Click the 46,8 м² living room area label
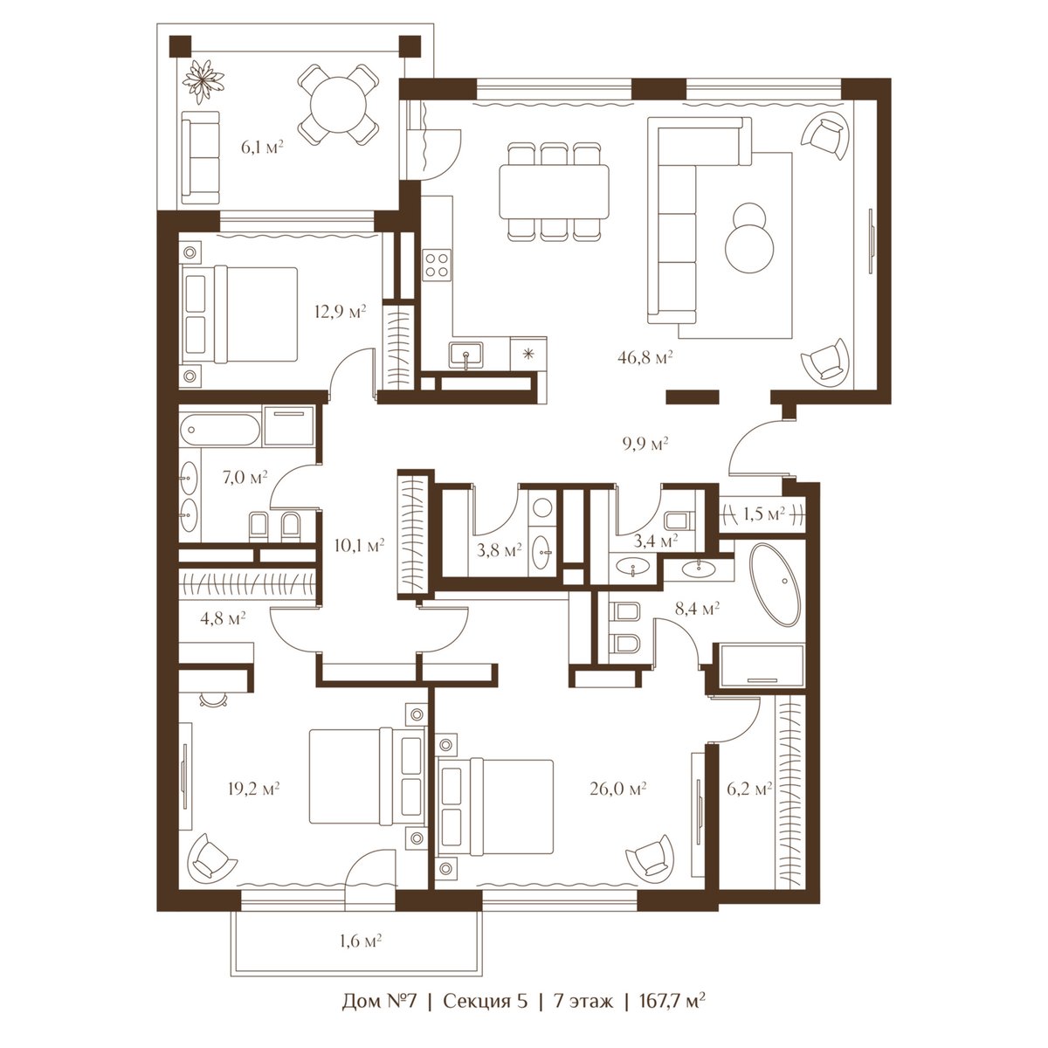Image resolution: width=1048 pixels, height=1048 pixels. click(x=645, y=358)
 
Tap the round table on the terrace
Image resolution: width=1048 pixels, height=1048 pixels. click(x=337, y=105)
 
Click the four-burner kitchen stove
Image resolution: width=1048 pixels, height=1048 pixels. click(x=437, y=265)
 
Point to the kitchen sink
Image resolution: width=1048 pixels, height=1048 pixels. click(x=466, y=355)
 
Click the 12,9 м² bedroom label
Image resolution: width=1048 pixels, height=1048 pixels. click(x=341, y=312)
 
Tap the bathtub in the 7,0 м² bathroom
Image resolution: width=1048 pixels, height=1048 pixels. click(x=220, y=431)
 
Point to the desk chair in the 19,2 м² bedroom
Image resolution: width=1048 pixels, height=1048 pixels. click(x=213, y=700)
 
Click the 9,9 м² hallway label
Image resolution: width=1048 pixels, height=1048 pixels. click(x=645, y=444)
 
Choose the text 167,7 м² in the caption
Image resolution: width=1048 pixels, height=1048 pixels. click(x=672, y=1016)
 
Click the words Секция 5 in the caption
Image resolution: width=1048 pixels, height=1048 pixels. click(x=485, y=1016)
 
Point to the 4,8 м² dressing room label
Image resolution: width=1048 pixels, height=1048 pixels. click(x=223, y=617)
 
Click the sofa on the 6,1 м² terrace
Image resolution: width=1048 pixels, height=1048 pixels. click(x=201, y=158)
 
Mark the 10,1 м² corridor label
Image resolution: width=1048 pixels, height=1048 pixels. click(x=359, y=545)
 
